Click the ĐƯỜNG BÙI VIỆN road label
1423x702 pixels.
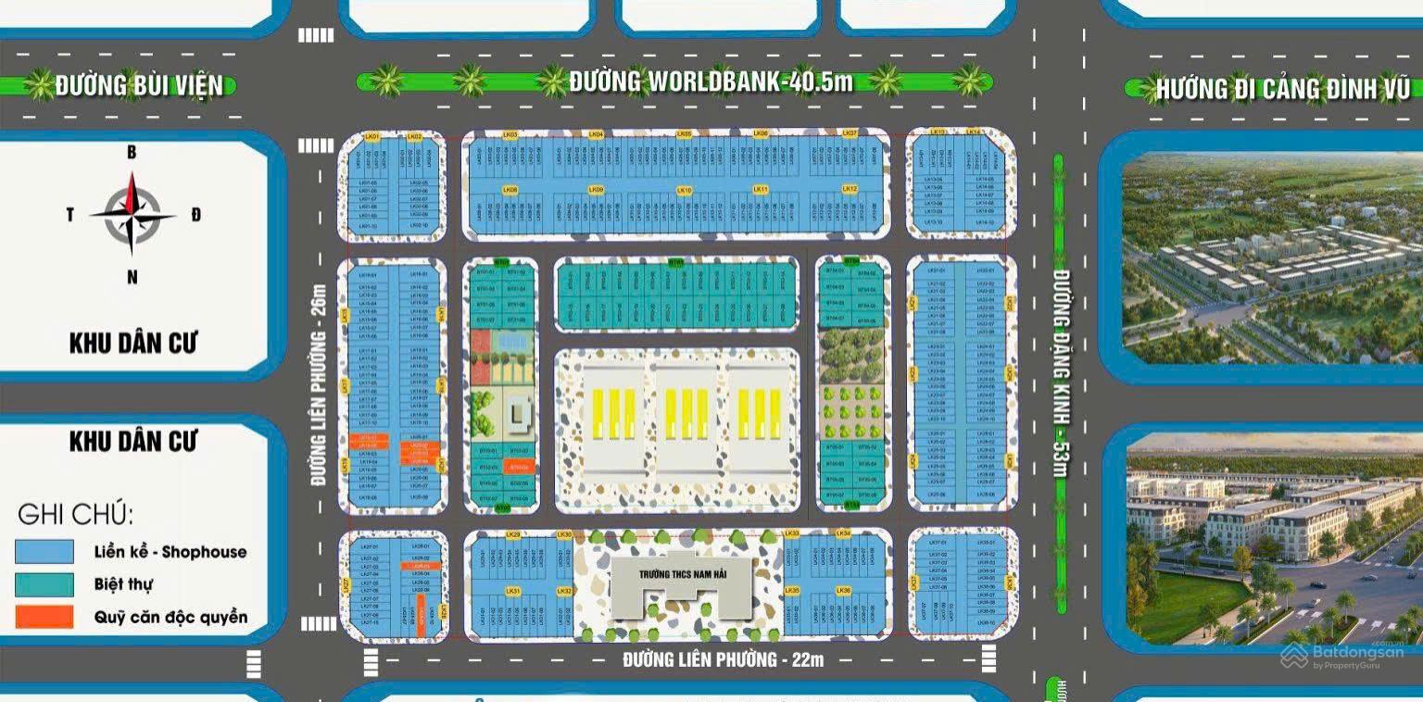click(139, 86)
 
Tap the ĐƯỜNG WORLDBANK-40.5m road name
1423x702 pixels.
click(711, 82)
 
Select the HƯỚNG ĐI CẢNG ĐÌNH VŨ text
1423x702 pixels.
click(1282, 90)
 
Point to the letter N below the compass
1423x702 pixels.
click(132, 276)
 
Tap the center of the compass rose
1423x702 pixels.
click(132, 215)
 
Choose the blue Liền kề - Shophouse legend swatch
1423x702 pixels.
click(44, 551)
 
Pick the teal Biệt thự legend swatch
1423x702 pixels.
click(44, 584)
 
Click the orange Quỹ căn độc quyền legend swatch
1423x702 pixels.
click(44, 617)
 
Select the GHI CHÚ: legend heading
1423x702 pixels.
click(75, 514)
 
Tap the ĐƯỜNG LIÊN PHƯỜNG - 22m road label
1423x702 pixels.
click(723, 660)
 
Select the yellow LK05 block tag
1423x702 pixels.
click(684, 134)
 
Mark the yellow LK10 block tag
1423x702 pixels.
click(684, 190)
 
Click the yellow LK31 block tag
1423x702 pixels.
click(512, 590)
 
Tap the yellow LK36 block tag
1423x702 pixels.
click(843, 590)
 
